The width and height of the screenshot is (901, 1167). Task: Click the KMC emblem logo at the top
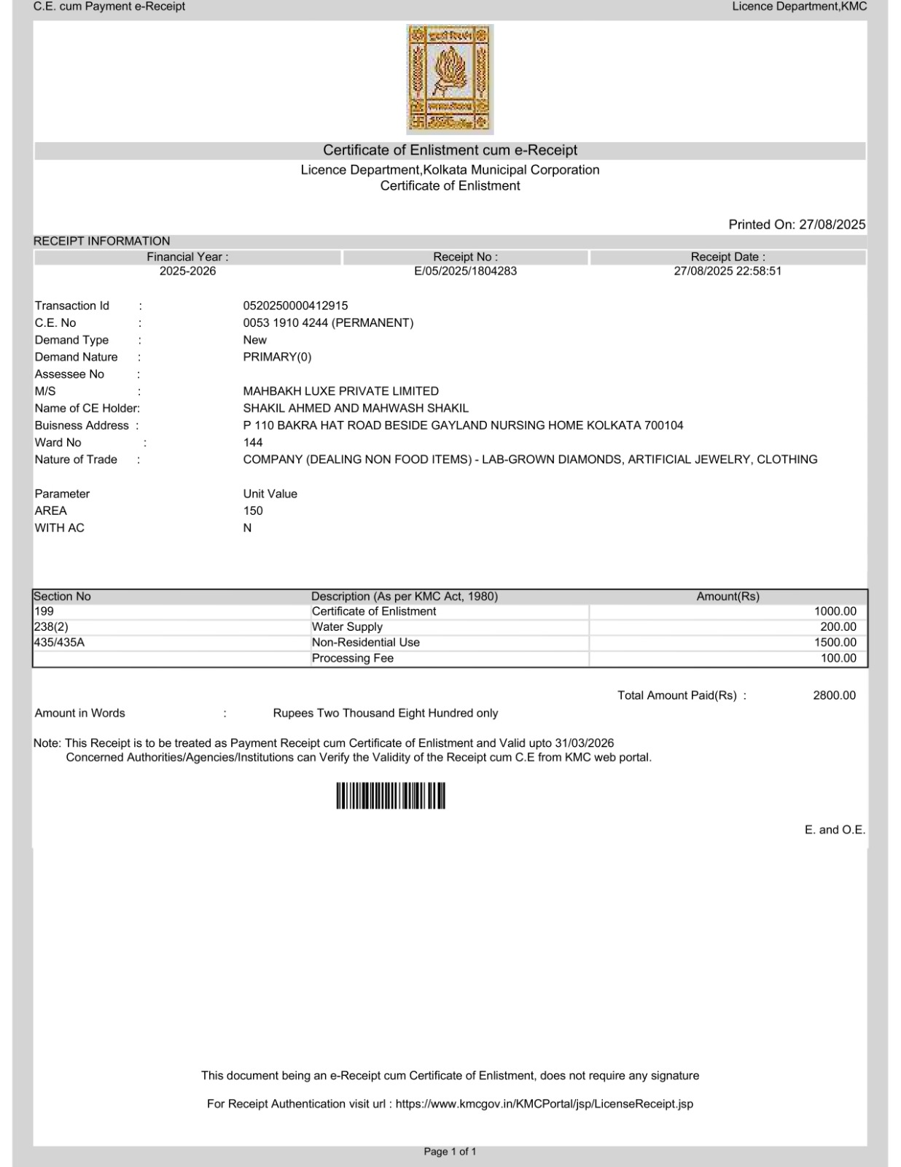(450, 80)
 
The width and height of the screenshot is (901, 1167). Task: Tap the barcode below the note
(391, 796)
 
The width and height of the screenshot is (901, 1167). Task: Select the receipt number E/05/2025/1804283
(465, 271)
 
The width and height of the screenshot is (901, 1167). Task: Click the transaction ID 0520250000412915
(295, 306)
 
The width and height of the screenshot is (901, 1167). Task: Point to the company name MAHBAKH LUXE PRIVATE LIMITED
(340, 391)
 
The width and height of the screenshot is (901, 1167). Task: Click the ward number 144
(253, 443)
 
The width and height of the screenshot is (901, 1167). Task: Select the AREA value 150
(253, 511)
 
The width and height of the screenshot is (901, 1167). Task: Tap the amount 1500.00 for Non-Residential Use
(835, 643)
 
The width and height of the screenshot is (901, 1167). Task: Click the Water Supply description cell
(347, 627)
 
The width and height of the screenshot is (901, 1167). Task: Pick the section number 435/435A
(59, 643)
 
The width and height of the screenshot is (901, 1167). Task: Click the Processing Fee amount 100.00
(838, 659)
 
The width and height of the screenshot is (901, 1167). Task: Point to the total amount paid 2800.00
(834, 696)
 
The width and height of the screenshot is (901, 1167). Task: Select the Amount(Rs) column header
(728, 597)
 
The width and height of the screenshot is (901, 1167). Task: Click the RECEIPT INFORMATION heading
(101, 241)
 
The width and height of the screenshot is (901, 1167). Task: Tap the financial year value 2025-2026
(187, 271)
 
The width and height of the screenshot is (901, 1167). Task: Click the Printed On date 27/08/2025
(832, 225)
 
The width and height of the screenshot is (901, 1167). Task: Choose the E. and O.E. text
(835, 830)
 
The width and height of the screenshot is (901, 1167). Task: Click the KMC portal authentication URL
(544, 1104)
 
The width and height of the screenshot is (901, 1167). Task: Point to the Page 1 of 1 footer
(450, 1152)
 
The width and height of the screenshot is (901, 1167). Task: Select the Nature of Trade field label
(76, 460)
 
